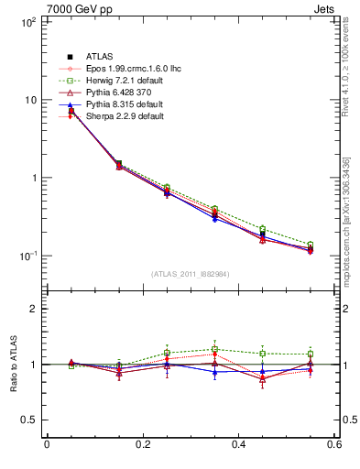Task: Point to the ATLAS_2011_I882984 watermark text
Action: [x=190, y=300]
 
